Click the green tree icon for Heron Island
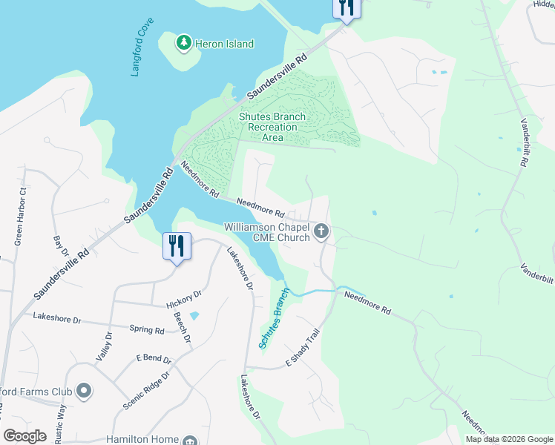click(183, 44)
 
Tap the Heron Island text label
click(224, 44)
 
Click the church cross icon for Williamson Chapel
click(321, 232)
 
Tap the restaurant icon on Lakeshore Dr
click(177, 245)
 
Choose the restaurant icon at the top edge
click(345, 8)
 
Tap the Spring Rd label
click(146, 329)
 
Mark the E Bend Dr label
click(154, 359)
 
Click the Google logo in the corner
click(25, 436)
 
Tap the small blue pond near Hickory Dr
click(194, 315)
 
